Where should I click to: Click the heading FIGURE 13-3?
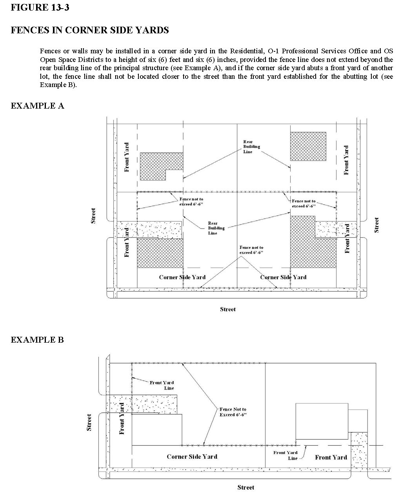pos(40,7)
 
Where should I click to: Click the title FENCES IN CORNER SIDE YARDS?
pos(90,30)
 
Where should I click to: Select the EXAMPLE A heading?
pos(37,106)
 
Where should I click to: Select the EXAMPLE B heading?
pos(37,339)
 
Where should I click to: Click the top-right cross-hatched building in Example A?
pos(308,146)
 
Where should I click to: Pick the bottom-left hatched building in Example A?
pos(160,253)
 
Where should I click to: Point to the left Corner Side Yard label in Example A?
pos(182,277)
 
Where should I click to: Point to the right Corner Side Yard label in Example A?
pos(283,277)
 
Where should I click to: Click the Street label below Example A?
pos(227,309)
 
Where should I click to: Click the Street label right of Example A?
pos(377,225)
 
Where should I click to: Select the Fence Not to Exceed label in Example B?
pos(233,412)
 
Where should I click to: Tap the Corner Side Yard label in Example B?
pos(192,456)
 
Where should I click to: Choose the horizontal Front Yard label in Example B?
pos(331,457)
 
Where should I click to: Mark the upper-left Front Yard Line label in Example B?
pos(162,385)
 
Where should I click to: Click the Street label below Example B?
pos(245,487)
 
